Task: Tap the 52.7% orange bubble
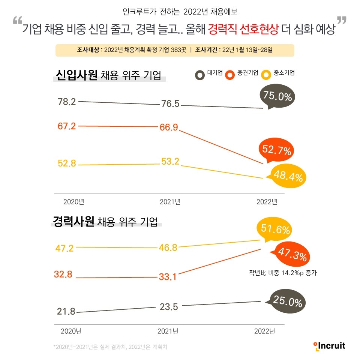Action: [276, 151]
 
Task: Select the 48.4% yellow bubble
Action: [288, 176]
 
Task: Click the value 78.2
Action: [67, 102]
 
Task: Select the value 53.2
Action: [170, 162]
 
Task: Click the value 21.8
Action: [66, 311]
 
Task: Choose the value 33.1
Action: [167, 278]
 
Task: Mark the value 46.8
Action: [168, 247]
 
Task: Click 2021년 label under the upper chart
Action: [170, 202]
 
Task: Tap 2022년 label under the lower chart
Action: [264, 331]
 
